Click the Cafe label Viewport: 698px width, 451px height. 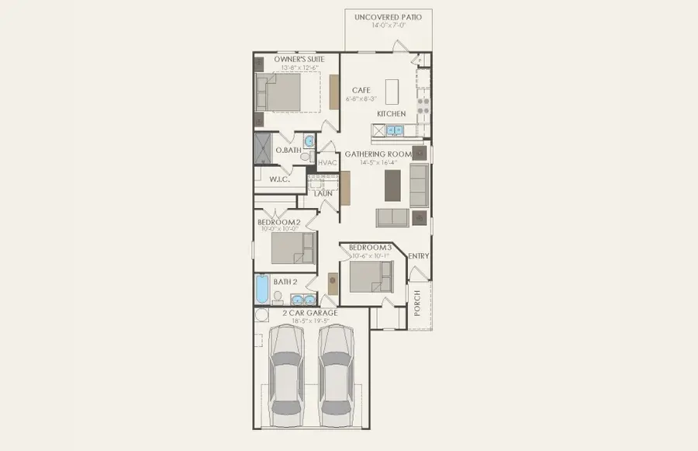pyautogui.click(x=361, y=91)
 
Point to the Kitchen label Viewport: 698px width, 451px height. pyautogui.click(x=391, y=114)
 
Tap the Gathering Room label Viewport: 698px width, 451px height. pyautogui.click(x=378, y=154)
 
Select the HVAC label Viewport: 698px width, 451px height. pyautogui.click(x=327, y=163)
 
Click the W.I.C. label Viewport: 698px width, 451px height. pyautogui.click(x=279, y=179)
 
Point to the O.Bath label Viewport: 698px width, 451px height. pyautogui.click(x=288, y=150)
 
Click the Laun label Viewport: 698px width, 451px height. pyautogui.click(x=323, y=193)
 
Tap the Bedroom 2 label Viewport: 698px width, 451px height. pyautogui.click(x=278, y=223)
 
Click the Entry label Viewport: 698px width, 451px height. pyautogui.click(x=419, y=256)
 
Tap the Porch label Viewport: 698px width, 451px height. pyautogui.click(x=417, y=298)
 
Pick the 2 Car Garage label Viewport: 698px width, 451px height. pyautogui.click(x=309, y=313)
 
